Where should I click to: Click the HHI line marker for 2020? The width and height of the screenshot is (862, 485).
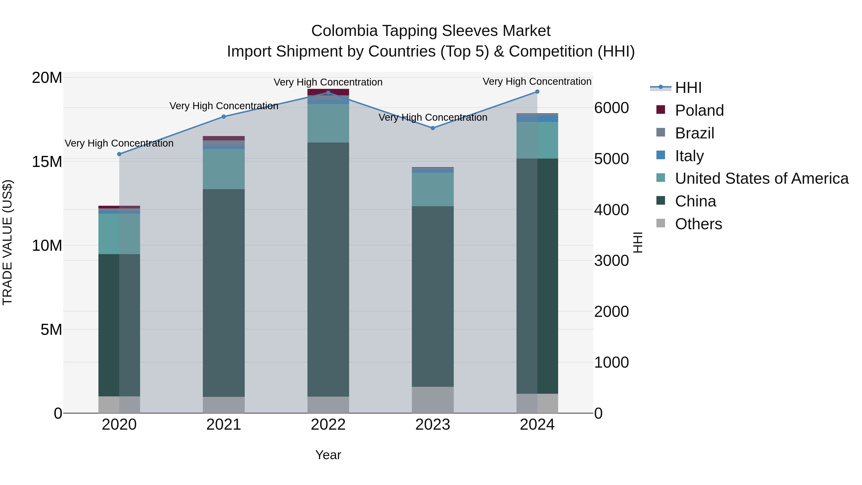click(x=119, y=154)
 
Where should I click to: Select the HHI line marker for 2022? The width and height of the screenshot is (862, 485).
click(x=328, y=93)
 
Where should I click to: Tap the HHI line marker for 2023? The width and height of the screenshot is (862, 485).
click(x=432, y=128)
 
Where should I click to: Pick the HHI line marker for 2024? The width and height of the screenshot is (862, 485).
click(x=537, y=91)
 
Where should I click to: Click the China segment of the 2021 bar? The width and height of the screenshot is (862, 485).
click(x=224, y=293)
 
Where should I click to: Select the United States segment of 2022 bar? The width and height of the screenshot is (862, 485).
click(x=328, y=123)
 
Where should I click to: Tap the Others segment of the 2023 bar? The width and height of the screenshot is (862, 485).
click(x=432, y=400)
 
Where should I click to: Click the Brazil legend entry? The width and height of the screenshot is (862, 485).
click(x=694, y=133)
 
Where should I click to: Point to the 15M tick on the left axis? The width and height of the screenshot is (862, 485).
click(x=47, y=162)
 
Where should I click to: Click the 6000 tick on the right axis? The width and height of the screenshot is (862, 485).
click(x=611, y=108)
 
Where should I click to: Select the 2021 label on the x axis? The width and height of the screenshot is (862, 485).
click(x=224, y=425)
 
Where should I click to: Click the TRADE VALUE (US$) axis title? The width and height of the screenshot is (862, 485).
click(x=7, y=242)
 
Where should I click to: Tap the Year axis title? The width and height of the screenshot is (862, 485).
click(x=328, y=455)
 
